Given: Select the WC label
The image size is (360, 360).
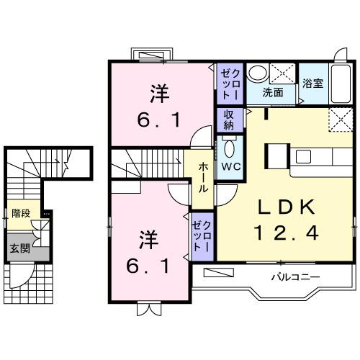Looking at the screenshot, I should (230, 167).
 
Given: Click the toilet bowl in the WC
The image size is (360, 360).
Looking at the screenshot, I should (230, 148).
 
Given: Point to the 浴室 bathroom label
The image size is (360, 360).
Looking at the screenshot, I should (312, 83).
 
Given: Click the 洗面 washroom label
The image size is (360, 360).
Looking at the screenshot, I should (272, 92).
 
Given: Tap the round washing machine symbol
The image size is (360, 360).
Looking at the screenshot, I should (257, 73).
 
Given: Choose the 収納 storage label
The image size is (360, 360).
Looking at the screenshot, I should (228, 119).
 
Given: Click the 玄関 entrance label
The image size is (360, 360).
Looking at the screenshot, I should (19, 249).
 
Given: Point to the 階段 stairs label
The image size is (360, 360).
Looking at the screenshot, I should (21, 214).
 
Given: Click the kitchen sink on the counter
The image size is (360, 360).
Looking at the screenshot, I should (301, 154).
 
